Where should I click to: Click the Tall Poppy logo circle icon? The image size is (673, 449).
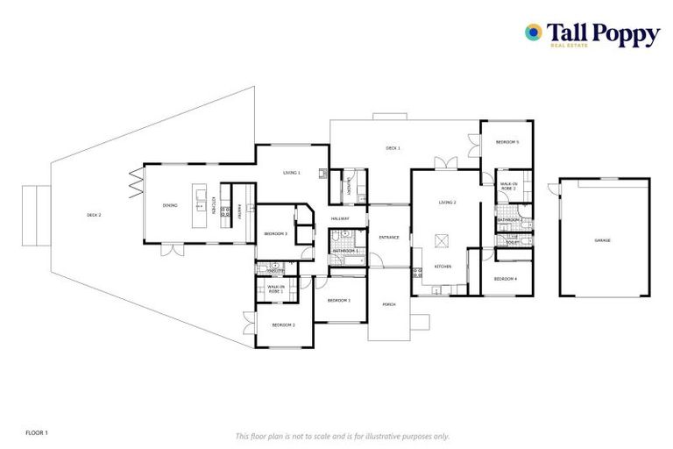[x=533, y=32]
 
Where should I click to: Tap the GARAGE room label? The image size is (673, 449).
[x=602, y=240]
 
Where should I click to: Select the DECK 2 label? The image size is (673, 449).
[x=94, y=215]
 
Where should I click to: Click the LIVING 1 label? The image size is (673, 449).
[x=291, y=173]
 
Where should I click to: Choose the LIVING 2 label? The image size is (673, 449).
[x=448, y=203]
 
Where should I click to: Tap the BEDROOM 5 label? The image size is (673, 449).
[x=507, y=142]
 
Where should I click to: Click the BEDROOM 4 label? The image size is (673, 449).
[x=505, y=279]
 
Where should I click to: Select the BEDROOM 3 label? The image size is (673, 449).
[x=276, y=233]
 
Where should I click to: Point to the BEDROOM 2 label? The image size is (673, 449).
[x=282, y=325]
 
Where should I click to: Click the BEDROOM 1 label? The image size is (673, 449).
[x=338, y=301]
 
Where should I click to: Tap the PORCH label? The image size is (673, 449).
[x=389, y=304]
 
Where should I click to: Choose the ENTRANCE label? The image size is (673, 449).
[x=389, y=238]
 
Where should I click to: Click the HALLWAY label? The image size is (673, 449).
[x=340, y=218]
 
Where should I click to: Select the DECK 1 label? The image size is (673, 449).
[x=393, y=148]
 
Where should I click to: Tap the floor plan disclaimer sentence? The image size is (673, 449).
[x=342, y=436]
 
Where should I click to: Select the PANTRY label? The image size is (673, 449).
[x=240, y=211]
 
